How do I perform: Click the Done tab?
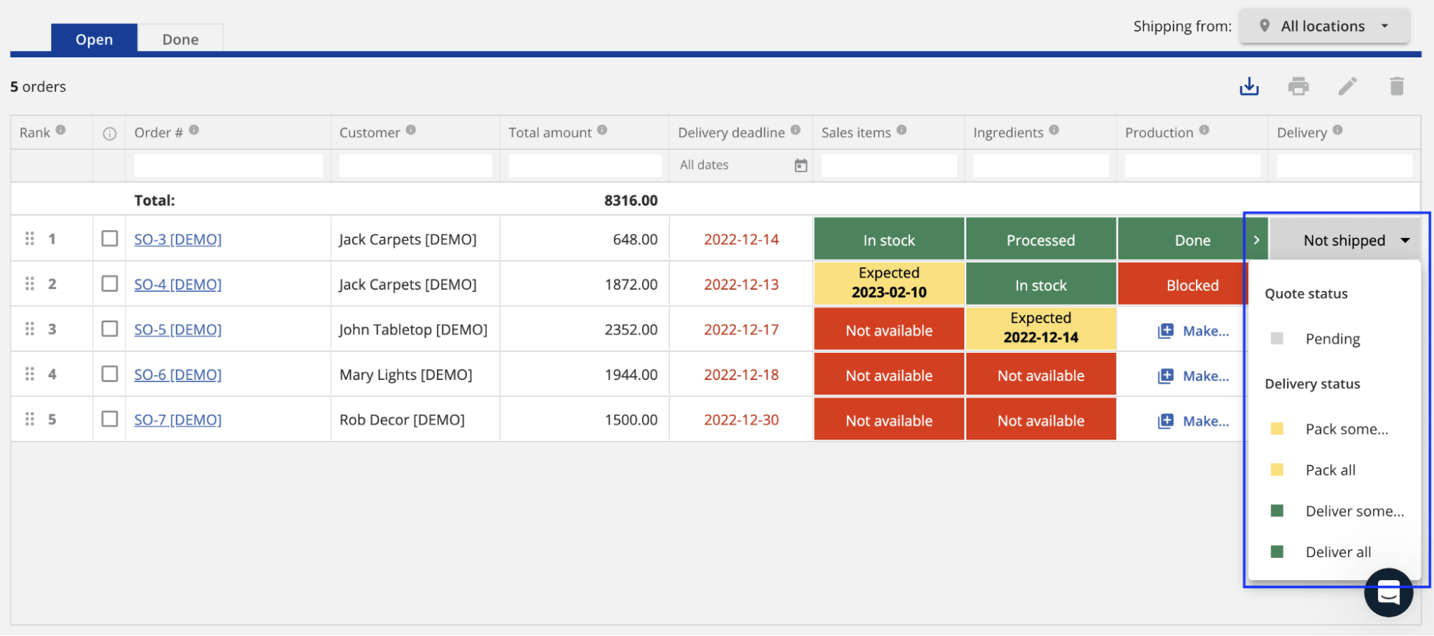coord(180,39)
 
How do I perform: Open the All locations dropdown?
coord(1324,27)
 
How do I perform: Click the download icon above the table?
coord(1249,87)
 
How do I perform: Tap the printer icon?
coord(1298,87)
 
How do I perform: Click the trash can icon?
coord(1396,87)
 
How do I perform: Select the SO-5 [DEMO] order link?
coord(178,330)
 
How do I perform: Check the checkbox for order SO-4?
coord(110,284)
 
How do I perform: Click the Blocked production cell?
coord(1192,285)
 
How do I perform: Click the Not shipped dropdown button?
coord(1344,241)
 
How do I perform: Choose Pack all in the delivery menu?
coord(1330,470)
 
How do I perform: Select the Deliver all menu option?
coord(1337,552)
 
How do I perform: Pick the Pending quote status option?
coord(1332,339)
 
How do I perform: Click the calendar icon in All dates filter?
coord(801,166)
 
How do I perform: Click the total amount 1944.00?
coord(631,375)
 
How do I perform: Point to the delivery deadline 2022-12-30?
coord(741,420)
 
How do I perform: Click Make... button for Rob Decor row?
coord(1194,422)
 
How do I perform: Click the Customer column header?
coord(369,133)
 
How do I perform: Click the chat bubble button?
coord(1388,593)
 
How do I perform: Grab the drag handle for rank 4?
coord(29,374)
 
